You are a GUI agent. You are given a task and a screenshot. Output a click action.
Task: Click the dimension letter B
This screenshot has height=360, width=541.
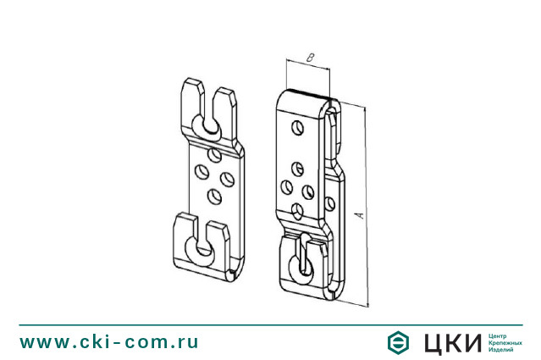(x=311, y=58)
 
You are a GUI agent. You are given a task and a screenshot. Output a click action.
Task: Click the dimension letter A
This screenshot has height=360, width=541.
(x=360, y=215)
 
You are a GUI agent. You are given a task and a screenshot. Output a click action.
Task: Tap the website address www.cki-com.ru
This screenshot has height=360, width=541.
(x=109, y=341)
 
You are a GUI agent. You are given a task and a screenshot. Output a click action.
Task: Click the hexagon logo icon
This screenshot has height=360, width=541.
(x=398, y=342)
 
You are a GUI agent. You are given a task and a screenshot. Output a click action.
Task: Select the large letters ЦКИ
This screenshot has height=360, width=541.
(x=453, y=343)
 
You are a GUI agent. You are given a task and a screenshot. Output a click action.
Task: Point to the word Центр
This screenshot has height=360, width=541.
(x=498, y=335)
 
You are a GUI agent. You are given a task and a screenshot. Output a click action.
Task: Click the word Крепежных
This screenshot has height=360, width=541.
(x=505, y=343)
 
